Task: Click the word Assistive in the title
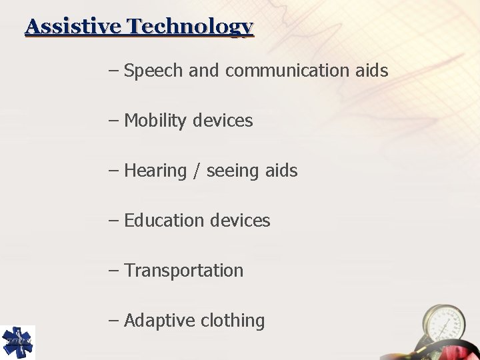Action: click(74, 27)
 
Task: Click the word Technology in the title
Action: click(191, 27)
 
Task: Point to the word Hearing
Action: click(155, 171)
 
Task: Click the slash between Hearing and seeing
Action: click(197, 171)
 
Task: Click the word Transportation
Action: click(184, 271)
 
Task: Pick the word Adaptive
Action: click(159, 321)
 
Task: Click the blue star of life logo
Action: click(17, 342)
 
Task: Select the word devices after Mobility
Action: click(223, 121)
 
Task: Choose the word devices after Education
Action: click(240, 221)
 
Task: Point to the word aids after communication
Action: click(373, 71)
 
